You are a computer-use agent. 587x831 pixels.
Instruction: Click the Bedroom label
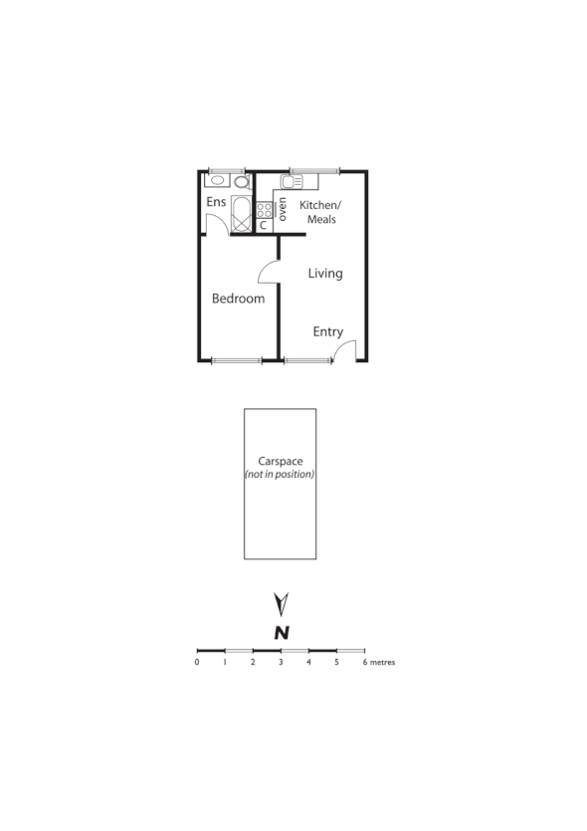[x=239, y=299]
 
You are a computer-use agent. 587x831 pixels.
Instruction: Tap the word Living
[x=325, y=273]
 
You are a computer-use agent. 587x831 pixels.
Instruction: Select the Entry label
[x=328, y=332]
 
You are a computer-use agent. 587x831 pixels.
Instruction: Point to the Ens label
[x=216, y=202]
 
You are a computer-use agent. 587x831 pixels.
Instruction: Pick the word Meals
[x=321, y=219]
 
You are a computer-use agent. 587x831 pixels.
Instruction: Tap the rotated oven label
[x=283, y=209]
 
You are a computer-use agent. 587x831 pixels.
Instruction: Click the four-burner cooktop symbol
[x=265, y=209]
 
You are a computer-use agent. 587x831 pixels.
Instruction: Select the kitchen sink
[x=290, y=182]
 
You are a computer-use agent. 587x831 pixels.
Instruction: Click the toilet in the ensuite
[x=241, y=182]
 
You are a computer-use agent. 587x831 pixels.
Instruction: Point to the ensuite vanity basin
[x=218, y=182]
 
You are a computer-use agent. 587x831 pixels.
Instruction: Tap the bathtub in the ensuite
[x=241, y=214]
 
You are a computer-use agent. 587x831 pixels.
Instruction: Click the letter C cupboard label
[x=264, y=225]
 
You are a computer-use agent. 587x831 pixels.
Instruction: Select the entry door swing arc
[x=344, y=351]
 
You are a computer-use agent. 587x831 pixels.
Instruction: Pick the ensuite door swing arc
[x=215, y=223]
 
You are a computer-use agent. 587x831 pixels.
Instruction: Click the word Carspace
[x=281, y=461]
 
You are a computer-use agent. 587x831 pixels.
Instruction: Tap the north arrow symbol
[x=282, y=603]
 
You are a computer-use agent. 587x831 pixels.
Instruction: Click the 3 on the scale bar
[x=281, y=662]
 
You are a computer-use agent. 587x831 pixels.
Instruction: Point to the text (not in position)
[x=280, y=475]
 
